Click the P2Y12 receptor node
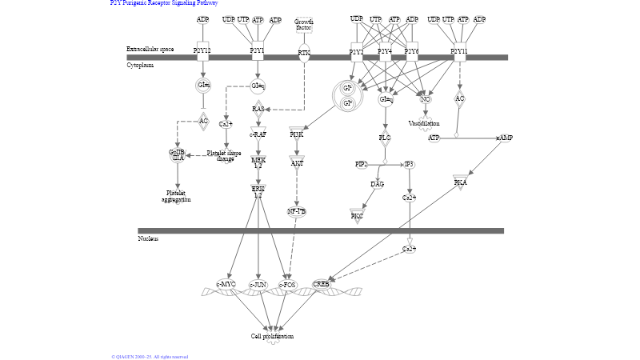[202, 50]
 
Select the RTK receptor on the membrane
[304, 52]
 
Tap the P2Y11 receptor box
[458, 50]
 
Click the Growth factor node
[304, 25]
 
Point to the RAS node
[258, 109]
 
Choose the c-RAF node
[258, 134]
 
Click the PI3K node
[297, 134]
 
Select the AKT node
[297, 162]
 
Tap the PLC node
[385, 138]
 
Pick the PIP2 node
[361, 164]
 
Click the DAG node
[377, 184]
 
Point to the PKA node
[460, 182]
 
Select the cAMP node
[504, 138]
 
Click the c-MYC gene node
[226, 284]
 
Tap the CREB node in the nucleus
[321, 284]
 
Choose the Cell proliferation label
[272, 336]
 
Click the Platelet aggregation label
[176, 196]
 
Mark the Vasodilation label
[424, 123]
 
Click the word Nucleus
[148, 238]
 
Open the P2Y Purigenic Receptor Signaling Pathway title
[163, 3]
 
